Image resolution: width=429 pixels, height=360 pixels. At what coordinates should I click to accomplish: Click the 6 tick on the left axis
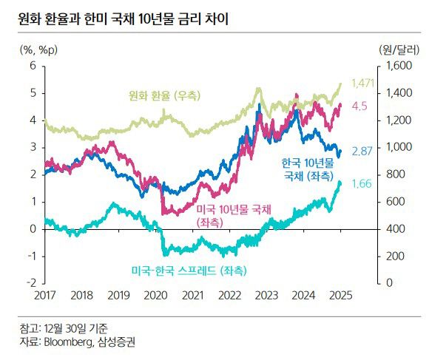[32, 66]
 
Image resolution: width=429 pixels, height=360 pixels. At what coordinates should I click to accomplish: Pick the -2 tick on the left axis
[30, 282]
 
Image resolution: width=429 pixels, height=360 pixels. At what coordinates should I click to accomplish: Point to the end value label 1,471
[363, 82]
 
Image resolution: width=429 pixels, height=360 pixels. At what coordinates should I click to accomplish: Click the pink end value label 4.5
[359, 106]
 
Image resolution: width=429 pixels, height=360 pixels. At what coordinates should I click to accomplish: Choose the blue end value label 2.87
[361, 151]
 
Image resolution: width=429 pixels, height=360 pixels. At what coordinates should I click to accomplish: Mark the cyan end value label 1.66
[361, 183]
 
